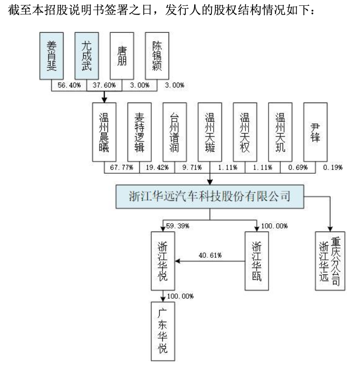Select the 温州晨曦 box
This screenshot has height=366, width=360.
tap(104, 132)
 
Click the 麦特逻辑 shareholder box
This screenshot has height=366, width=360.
tap(139, 132)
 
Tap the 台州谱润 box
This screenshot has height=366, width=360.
tap(175, 132)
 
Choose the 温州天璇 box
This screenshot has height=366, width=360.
tap(210, 132)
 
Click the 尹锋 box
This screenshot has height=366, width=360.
tap(315, 132)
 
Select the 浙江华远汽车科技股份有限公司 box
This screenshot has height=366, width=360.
tap(210, 196)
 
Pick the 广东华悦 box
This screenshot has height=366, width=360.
tap(163, 332)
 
